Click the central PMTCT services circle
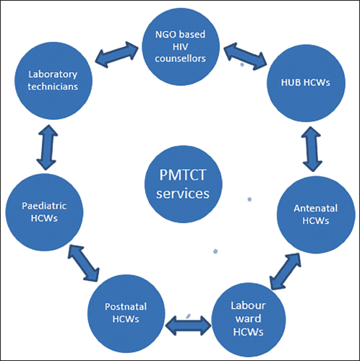pyautogui.click(x=184, y=184)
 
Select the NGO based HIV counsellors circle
pyautogui.click(x=181, y=46)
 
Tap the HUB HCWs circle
pyautogui.click(x=306, y=83)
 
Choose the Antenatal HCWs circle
pyautogui.click(x=316, y=214)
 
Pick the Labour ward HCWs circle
pyautogui.click(x=249, y=320)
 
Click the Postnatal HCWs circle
pyautogui.click(x=126, y=313)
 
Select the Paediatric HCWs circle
pyautogui.click(x=44, y=212)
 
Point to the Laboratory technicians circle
pyautogui.click(x=53, y=81)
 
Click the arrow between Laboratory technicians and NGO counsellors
pyautogui.click(x=117, y=54)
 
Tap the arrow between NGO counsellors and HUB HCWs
pyautogui.click(x=245, y=56)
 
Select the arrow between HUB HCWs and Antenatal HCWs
pyautogui.click(x=312, y=149)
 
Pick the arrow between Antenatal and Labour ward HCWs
pyautogui.click(x=286, y=271)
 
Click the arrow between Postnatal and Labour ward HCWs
pyautogui.click(x=189, y=326)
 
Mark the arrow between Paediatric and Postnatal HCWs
pyautogui.click(x=84, y=263)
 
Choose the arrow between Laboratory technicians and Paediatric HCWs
pyautogui.click(x=47, y=147)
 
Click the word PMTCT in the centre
pyautogui.click(x=183, y=175)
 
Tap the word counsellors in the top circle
pyautogui.click(x=180, y=58)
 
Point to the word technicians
pyautogui.click(x=53, y=87)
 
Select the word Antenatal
pyautogui.click(x=315, y=209)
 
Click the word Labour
pyautogui.click(x=248, y=305)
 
